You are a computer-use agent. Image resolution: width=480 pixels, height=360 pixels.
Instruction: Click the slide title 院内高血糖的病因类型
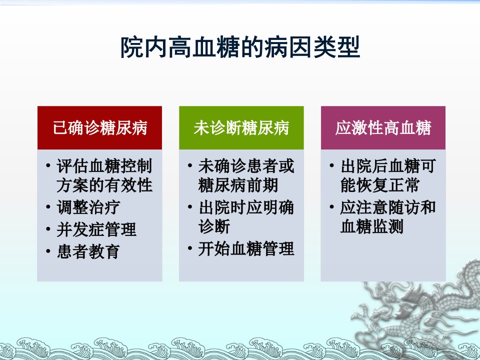(x=240, y=47)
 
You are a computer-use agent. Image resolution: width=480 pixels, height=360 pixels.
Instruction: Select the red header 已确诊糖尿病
(x=100, y=128)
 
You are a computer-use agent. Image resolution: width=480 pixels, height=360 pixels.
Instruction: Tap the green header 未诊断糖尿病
(x=241, y=128)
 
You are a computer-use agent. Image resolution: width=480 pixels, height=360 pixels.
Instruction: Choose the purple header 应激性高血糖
(x=383, y=128)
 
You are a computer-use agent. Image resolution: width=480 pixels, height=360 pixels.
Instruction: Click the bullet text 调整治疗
(x=88, y=207)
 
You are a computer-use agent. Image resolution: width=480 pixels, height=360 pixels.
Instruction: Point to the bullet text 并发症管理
(x=96, y=229)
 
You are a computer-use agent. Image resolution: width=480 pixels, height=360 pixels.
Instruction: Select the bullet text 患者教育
(x=88, y=251)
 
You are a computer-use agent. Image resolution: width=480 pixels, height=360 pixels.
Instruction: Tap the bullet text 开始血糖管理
(x=246, y=248)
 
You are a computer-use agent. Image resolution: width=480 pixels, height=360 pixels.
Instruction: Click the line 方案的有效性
(x=104, y=185)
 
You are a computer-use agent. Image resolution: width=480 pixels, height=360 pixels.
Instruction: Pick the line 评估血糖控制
(x=104, y=166)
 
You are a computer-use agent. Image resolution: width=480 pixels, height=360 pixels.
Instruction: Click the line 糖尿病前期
(x=238, y=185)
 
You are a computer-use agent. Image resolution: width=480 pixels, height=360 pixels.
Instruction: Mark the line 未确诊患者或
(x=246, y=166)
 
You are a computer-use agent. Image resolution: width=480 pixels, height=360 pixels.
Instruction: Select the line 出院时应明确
(x=246, y=207)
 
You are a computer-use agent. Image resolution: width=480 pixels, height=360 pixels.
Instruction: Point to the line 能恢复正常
(x=380, y=185)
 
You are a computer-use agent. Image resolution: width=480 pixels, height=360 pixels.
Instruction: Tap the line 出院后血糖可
(x=388, y=166)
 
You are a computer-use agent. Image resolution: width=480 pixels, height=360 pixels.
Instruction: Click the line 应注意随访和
(x=388, y=207)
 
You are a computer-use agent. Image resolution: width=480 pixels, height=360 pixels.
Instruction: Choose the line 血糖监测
(x=372, y=226)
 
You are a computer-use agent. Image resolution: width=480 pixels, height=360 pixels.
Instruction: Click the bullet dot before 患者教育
(x=48, y=251)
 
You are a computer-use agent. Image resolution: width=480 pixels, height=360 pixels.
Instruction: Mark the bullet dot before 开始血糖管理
(x=190, y=248)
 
